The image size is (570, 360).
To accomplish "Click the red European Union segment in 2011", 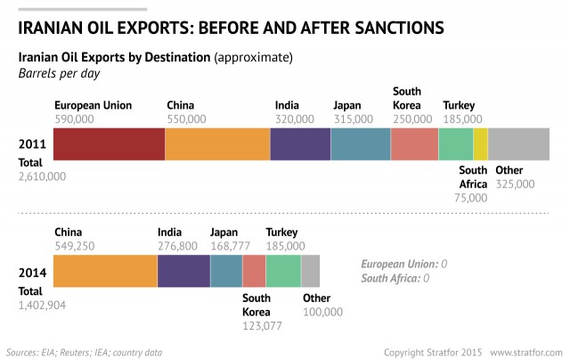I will point(109,143).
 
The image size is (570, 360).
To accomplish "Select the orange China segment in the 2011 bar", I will point(217,143).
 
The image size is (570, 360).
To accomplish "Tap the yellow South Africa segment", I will point(481,143).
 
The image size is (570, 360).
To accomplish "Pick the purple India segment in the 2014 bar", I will point(183,270).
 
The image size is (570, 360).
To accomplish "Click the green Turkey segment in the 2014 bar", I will point(283,270).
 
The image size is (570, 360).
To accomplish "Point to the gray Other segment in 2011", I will point(519,143).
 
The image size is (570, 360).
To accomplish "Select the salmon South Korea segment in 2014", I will point(254,270).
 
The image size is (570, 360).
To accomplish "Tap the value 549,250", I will point(75,245).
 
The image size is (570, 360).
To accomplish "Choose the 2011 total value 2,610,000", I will point(42,176).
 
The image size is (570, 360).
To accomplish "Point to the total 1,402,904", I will point(42,304).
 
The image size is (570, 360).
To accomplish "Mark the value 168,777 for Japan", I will point(230,245).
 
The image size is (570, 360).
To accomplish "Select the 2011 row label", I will point(33,143).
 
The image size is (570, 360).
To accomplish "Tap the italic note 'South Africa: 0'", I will point(395,278).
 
